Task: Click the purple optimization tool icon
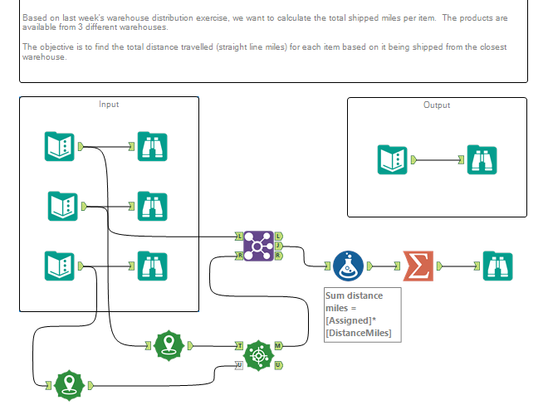(258, 246)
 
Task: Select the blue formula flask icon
(349, 266)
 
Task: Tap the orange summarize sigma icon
(418, 266)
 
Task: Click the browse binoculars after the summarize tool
(497, 266)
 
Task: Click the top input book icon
(59, 147)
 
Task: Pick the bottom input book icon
(59, 266)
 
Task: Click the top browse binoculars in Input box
(152, 147)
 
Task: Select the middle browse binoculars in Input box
(152, 206)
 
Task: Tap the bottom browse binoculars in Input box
(152, 266)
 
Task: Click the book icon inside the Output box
(393, 159)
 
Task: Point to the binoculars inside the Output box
(481, 159)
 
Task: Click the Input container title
(109, 105)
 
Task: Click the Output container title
(437, 105)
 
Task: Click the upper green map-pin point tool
(169, 344)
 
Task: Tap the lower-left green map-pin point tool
(70, 385)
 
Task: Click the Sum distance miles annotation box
(361, 314)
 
